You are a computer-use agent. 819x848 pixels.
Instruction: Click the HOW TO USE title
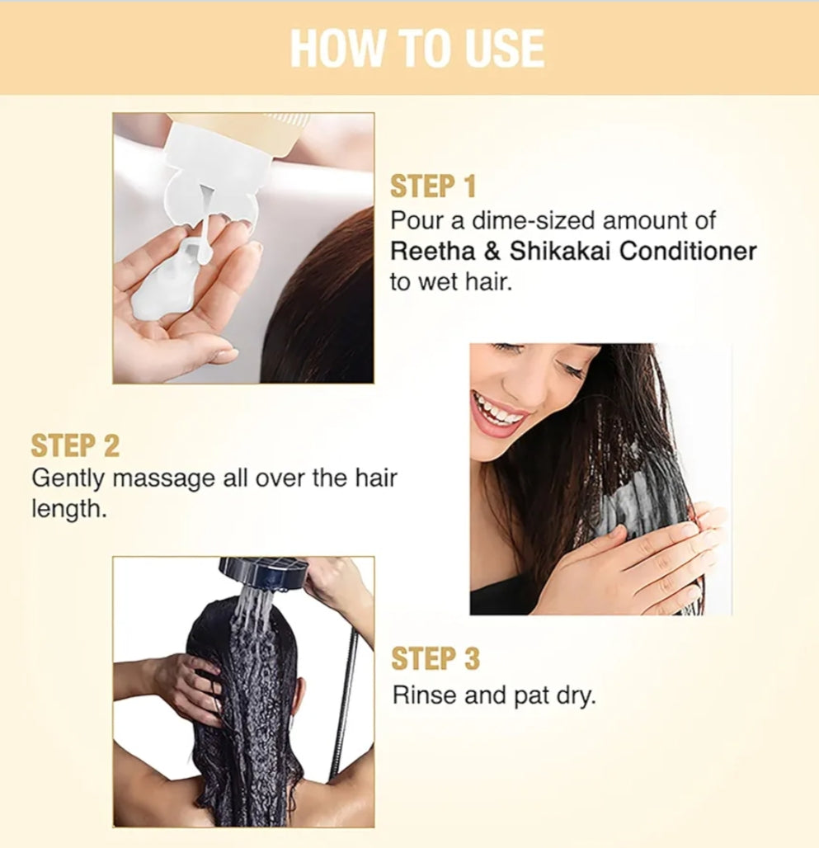417,48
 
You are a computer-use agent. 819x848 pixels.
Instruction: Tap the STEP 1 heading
433,186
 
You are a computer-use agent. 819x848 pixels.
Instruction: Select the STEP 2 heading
75,445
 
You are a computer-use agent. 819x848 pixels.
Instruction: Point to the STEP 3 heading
435,659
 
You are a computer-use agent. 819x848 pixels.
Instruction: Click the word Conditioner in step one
688,251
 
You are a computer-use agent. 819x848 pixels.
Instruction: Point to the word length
68,510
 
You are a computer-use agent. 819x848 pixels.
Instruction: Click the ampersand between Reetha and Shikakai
491,251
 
